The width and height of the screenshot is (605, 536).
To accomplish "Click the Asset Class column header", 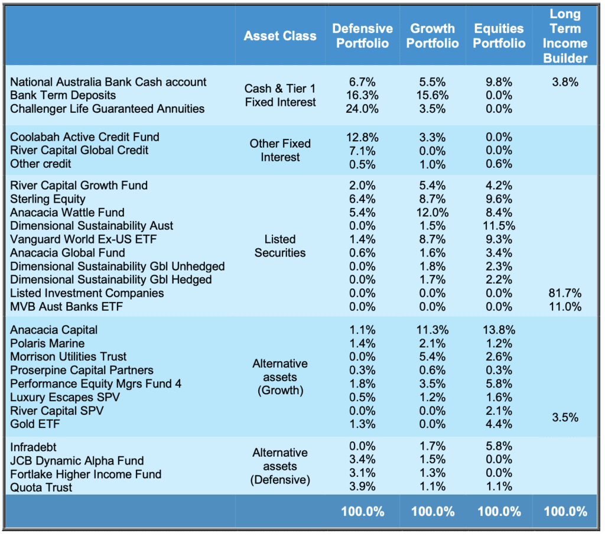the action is coord(279,36).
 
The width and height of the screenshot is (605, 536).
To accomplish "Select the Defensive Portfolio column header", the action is coord(362,35).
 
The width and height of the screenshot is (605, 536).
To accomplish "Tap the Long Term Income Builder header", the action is coord(565,36).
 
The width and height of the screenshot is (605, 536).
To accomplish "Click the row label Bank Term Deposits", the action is coord(63,95).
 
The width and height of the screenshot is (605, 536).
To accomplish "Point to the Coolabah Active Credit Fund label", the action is coord(84,137).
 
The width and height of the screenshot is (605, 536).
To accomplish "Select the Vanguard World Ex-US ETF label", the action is coord(83,239).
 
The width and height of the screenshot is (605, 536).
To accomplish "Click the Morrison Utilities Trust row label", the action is coord(69,356).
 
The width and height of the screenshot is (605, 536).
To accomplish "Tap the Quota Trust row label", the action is coord(41,488).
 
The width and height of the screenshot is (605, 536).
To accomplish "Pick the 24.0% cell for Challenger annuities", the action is coord(362,109).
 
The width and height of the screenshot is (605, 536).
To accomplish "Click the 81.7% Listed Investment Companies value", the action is coord(565,293).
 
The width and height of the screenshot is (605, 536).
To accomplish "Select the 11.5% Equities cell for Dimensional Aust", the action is coord(499,226).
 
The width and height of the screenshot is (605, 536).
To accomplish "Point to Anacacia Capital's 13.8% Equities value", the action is coord(499,330).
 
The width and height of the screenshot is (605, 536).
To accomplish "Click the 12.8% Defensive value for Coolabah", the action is coord(362,137).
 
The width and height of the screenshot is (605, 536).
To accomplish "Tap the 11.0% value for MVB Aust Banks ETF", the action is coord(565,307).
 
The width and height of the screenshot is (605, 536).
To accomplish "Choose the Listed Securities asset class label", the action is coord(279,246).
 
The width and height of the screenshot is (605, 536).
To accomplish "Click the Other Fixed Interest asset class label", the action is coord(279,151).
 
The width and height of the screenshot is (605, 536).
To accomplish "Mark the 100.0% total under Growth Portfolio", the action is coord(432,512).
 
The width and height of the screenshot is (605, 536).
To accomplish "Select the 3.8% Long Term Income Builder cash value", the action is coord(565,82).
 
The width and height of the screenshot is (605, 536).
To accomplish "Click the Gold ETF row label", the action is coord(35,424).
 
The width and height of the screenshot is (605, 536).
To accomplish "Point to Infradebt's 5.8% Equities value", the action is coord(499,446).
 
